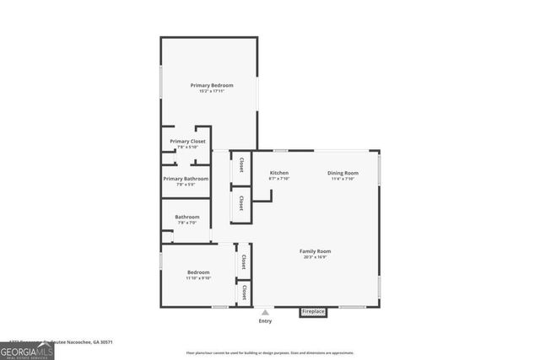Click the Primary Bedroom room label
tap(211, 85)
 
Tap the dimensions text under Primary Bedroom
tap(211, 92)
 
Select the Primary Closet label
tap(187, 141)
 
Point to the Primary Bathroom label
tap(186, 179)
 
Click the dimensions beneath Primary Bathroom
tap(186, 185)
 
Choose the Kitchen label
tap(279, 173)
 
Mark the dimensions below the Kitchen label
tap(279, 179)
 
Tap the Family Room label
tap(316, 251)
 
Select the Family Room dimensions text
tap(316, 257)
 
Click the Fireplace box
tap(312, 312)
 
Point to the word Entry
tap(265, 321)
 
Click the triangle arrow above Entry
tap(265, 313)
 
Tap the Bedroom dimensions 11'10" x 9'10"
tap(198, 278)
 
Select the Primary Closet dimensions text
tap(187, 148)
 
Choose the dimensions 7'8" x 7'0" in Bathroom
tap(186, 223)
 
